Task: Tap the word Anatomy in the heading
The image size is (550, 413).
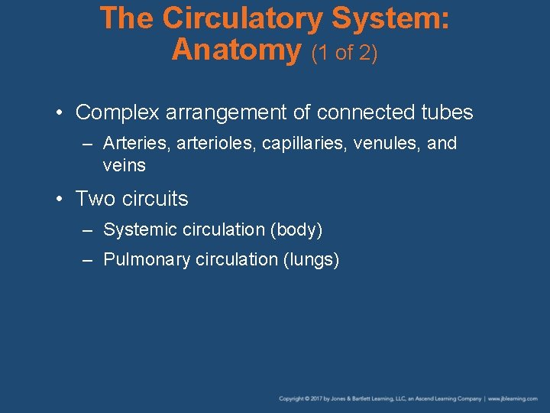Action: pos(237,50)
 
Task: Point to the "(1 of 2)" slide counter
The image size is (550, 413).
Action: pos(344,54)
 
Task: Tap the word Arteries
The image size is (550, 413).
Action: pos(131,144)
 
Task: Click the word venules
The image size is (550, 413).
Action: pos(387,144)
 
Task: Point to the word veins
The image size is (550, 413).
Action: pos(124,165)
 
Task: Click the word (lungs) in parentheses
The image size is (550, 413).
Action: pos(311,260)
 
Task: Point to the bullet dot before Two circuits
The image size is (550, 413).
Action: pos(59,200)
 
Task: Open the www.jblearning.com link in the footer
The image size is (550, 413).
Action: pos(514,398)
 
